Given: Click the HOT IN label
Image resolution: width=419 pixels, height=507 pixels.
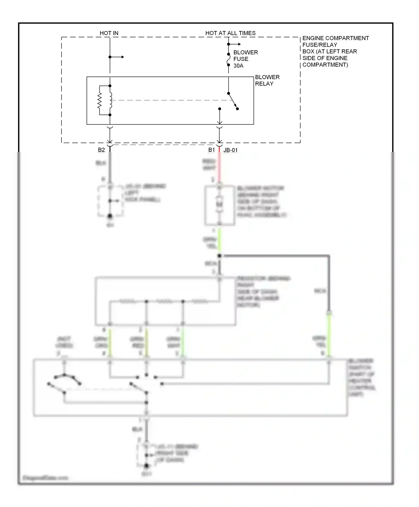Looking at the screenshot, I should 109,33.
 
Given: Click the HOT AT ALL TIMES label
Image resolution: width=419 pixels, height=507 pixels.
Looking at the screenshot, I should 230,33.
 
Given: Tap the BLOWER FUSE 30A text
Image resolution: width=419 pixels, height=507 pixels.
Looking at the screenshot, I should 245,59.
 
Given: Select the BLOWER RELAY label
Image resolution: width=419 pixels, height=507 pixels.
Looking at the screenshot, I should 267,80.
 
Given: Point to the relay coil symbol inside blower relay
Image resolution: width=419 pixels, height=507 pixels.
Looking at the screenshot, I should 110,100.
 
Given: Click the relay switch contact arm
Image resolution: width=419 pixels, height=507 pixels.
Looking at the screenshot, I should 233,101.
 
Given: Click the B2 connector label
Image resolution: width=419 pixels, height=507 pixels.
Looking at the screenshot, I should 101,150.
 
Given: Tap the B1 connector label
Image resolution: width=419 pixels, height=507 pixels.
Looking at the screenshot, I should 211,150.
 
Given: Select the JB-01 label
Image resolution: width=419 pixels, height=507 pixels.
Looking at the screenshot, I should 230,150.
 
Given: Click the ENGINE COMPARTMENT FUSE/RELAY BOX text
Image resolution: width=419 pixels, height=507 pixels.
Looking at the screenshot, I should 335,51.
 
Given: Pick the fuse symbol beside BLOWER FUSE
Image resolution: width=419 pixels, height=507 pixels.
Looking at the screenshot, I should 228,60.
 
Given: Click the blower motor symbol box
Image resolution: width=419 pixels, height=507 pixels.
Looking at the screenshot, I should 220,205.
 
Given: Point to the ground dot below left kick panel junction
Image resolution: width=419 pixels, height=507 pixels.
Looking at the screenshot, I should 110,216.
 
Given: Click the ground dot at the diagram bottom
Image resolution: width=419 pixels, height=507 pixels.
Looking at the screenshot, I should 146,466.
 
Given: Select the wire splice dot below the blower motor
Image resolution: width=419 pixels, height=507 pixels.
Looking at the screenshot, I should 220,256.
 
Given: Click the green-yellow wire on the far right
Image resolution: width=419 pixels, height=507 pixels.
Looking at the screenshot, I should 329,335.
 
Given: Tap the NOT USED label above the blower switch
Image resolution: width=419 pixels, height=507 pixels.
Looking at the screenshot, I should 64,342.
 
